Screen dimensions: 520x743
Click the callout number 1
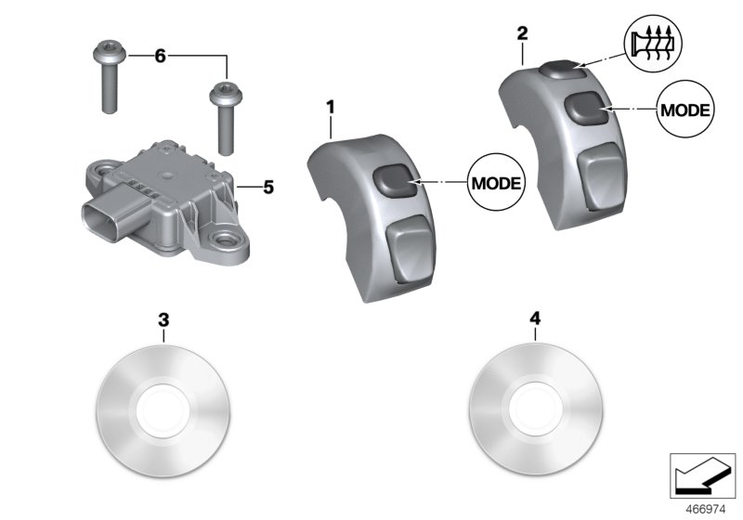point(329,108)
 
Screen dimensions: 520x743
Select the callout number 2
point(522,34)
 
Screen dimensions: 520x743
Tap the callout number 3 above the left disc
point(163,319)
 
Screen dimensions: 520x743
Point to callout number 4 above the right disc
point(535,319)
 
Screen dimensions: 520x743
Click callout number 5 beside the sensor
point(267,188)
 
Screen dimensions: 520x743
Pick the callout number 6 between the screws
point(160,57)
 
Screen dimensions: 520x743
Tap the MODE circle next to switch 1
point(496,181)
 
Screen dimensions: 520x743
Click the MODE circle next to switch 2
point(686,110)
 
